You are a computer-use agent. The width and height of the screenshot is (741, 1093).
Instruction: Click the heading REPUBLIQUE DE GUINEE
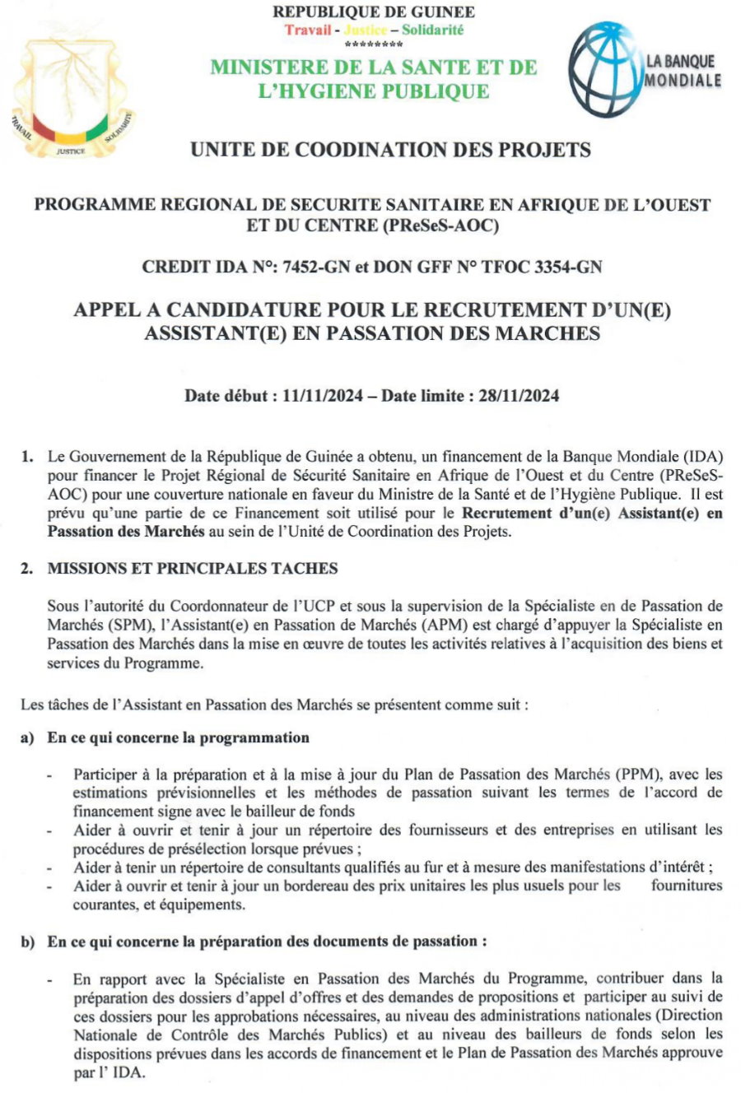373,12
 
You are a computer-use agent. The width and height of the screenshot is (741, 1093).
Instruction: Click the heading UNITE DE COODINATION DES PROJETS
390,150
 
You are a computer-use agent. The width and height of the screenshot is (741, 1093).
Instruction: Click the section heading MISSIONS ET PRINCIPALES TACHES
193,569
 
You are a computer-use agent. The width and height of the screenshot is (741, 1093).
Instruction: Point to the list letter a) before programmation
27,737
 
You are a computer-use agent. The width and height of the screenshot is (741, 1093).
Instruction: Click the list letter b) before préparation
27,942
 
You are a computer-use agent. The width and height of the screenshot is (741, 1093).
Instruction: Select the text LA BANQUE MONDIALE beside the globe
680,71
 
